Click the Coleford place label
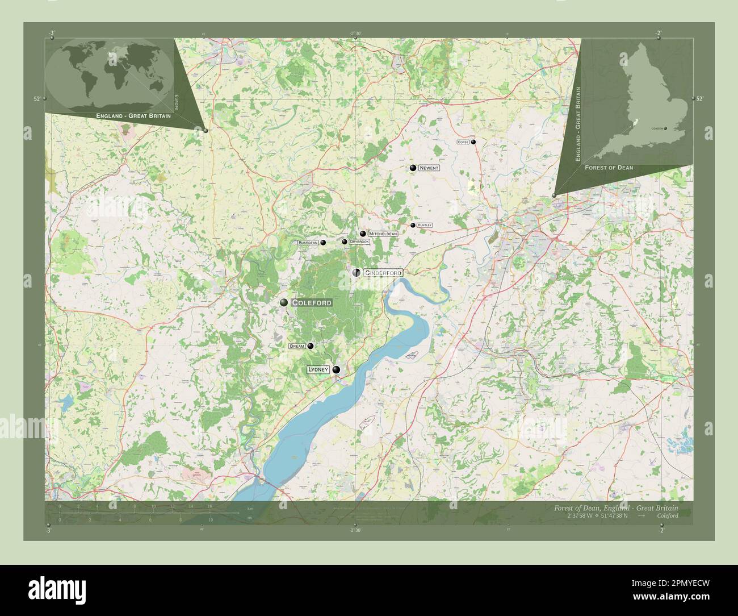[x=312, y=303]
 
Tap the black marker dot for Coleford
[x=283, y=303]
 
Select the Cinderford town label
[x=383, y=273]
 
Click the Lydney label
[x=318, y=369]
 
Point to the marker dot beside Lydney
[x=337, y=370]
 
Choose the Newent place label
[x=429, y=168]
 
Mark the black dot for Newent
[x=413, y=168]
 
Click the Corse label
[x=463, y=142]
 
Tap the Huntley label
[x=424, y=226]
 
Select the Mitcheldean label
[x=383, y=234]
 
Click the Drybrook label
[x=359, y=242]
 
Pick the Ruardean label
[x=308, y=243]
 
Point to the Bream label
[x=297, y=346]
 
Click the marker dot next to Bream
[x=311, y=346]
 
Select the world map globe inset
[x=109, y=73]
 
